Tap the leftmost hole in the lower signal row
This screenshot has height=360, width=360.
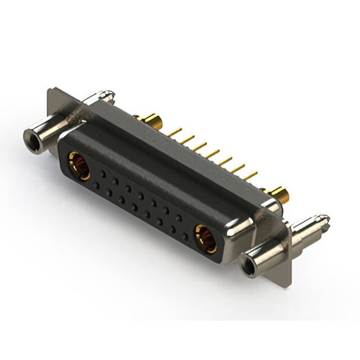pyautogui.click(x=96, y=184)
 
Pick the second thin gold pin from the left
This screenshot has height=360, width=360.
pyautogui.click(x=188, y=138)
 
